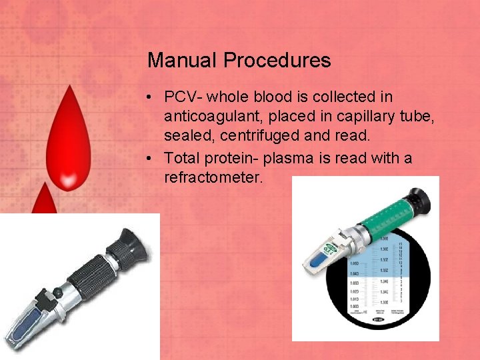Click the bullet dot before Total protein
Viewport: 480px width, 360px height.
(153, 159)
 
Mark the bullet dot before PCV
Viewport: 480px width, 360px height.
(153, 98)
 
